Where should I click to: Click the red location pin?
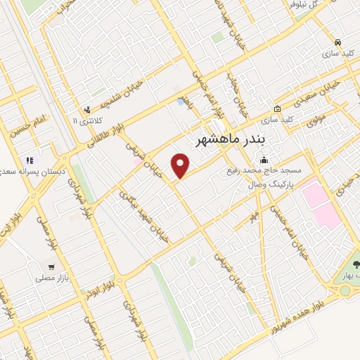pyautogui.click(x=182, y=166)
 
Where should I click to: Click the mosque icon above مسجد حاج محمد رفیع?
pyautogui.click(x=264, y=158)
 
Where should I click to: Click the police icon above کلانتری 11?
pyautogui.click(x=87, y=109)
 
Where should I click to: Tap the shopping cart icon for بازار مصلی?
pyautogui.click(x=52, y=266)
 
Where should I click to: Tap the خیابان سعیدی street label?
pyautogui.click(x=324, y=91)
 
